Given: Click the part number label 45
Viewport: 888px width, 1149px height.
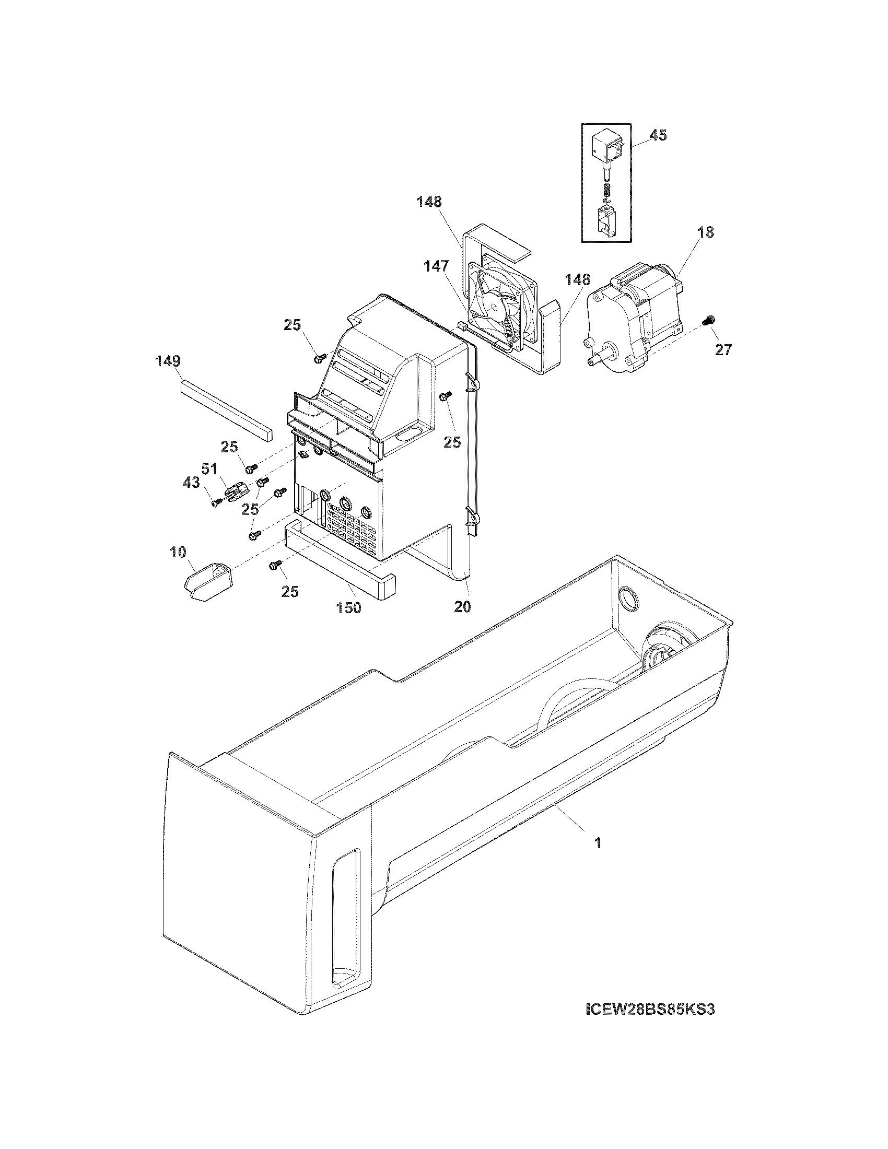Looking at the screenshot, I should (x=658, y=135).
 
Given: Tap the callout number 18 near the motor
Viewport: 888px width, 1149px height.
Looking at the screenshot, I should (x=706, y=232).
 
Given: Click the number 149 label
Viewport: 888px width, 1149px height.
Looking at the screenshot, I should (x=168, y=361).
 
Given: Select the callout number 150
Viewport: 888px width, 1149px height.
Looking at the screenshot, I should (x=348, y=607).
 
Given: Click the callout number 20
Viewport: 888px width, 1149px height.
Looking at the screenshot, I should (x=462, y=606).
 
